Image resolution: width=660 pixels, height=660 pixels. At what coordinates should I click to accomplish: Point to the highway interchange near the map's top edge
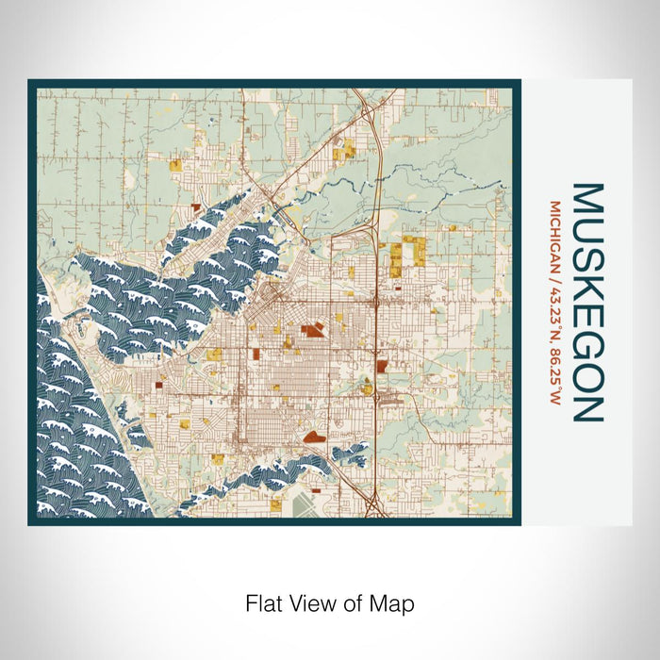pos(361,98)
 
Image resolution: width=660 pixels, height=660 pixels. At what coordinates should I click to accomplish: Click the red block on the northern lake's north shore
pos(196,205)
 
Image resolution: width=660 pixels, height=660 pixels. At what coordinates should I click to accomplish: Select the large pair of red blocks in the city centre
pos(312,330)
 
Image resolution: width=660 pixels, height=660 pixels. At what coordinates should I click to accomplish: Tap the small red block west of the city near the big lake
pos(158,385)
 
